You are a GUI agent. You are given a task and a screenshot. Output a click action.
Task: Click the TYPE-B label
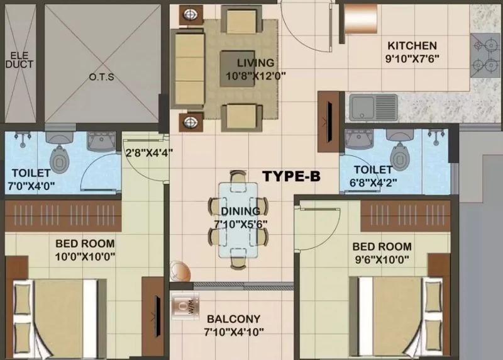291,176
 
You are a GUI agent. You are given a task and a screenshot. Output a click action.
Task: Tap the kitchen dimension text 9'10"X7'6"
412,59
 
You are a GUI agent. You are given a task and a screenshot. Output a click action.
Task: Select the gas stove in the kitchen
484,55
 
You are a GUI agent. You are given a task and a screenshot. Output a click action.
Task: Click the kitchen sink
373,107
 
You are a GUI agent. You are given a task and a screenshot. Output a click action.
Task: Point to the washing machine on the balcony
185,306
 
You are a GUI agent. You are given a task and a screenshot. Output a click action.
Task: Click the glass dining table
238,220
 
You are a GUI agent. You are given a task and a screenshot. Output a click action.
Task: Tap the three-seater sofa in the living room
188,69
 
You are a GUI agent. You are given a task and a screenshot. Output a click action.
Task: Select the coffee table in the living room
237,69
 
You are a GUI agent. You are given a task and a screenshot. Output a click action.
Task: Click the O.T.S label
101,77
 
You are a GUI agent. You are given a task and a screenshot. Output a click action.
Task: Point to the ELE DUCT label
19,60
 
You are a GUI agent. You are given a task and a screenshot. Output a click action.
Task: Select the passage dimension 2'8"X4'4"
149,152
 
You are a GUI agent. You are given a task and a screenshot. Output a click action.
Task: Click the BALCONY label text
233,319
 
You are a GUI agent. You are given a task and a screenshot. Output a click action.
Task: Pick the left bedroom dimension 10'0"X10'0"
85,257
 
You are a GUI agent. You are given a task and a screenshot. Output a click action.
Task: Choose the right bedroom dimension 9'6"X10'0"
382,259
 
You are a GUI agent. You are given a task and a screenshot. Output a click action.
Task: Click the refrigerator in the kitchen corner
360,18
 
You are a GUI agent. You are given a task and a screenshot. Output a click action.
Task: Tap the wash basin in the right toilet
358,139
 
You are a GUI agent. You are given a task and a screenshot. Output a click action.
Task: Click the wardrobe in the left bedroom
64,216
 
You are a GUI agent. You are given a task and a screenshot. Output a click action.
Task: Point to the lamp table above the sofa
191,14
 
